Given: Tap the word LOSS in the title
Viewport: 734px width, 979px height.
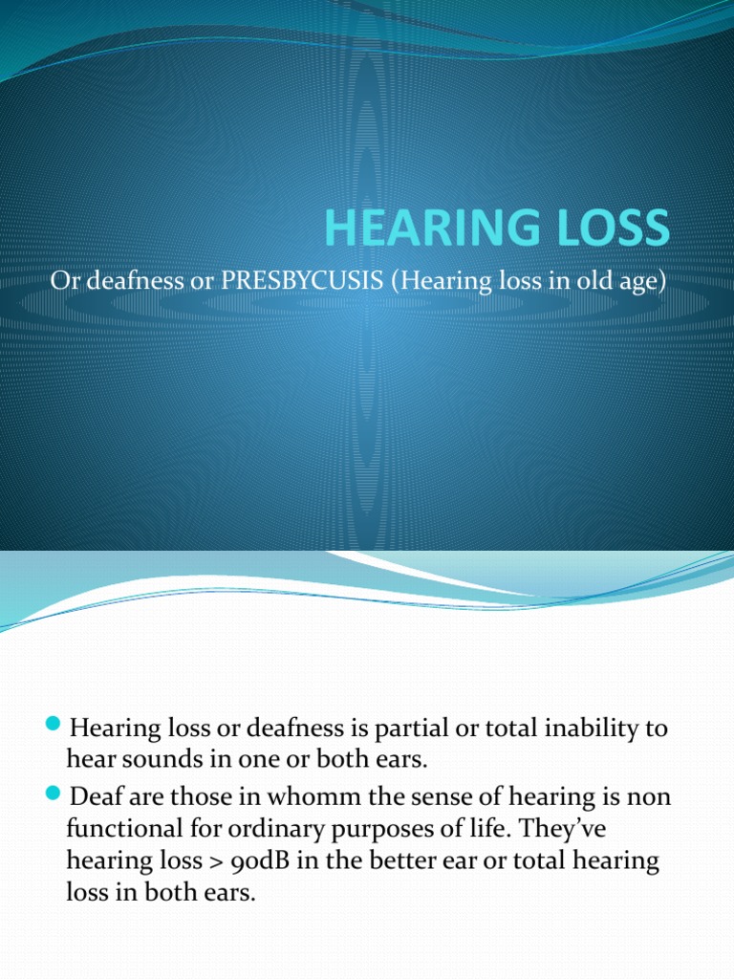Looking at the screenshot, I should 612,227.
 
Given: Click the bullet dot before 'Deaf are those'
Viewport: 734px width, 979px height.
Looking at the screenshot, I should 53,793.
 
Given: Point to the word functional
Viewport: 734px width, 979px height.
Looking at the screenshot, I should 117,828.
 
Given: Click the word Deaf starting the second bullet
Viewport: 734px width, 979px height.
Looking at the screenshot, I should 92,794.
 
